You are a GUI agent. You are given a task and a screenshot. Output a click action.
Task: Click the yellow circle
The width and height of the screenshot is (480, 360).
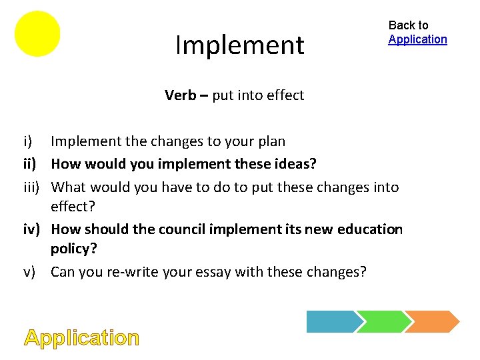[x=37, y=33]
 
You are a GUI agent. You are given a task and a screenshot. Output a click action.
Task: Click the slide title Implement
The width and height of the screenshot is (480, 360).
[x=239, y=45]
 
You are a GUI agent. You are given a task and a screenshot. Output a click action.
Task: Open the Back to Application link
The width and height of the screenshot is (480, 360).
[x=417, y=39]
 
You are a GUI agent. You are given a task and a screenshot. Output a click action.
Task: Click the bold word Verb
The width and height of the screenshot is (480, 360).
[x=180, y=95]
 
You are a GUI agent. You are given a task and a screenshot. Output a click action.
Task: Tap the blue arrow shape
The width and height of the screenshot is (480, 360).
[x=331, y=321]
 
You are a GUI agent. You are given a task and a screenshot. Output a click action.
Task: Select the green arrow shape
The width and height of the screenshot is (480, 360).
[x=380, y=321]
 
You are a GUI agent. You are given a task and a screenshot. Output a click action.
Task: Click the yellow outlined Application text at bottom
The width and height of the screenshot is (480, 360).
[x=82, y=338]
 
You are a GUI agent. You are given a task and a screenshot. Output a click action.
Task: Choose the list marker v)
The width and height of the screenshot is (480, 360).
[x=31, y=272]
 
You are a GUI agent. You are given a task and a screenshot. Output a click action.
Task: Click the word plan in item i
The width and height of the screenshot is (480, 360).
[x=271, y=142]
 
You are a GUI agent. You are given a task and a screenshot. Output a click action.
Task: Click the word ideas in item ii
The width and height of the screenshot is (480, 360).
[x=297, y=163]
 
